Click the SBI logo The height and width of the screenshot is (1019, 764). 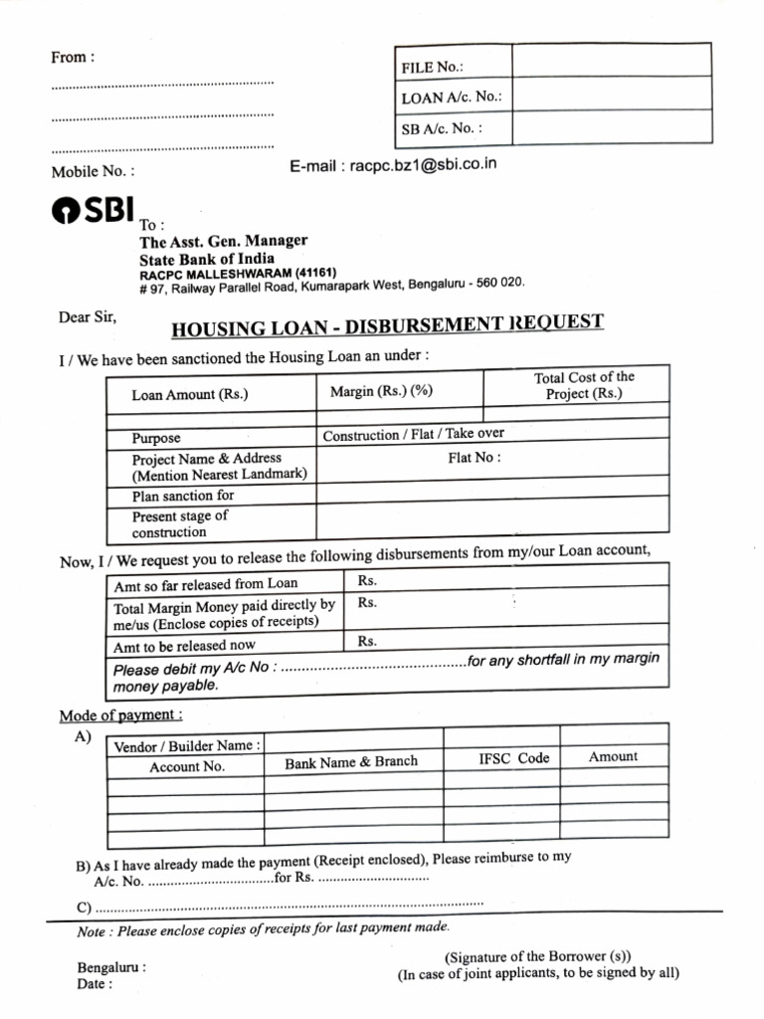(92, 213)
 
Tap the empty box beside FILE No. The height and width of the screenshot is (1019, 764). (611, 61)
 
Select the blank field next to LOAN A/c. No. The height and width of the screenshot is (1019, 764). (611, 95)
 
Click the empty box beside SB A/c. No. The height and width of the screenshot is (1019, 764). (611, 128)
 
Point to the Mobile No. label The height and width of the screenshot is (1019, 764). (92, 171)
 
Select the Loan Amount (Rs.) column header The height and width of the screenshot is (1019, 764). (190, 395)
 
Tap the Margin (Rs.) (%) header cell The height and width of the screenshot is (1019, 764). (382, 391)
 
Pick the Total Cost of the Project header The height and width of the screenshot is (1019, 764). (584, 385)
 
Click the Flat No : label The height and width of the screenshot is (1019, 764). (475, 458)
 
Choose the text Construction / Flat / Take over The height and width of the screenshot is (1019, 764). (413, 434)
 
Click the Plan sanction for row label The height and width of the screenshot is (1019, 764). (183, 496)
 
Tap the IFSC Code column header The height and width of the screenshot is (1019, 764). (513, 758)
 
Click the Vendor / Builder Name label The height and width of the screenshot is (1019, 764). (189, 745)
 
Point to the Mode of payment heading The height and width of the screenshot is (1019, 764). (120, 715)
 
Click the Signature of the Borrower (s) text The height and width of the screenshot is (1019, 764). (538, 956)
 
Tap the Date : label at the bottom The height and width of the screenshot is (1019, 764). (95, 984)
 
